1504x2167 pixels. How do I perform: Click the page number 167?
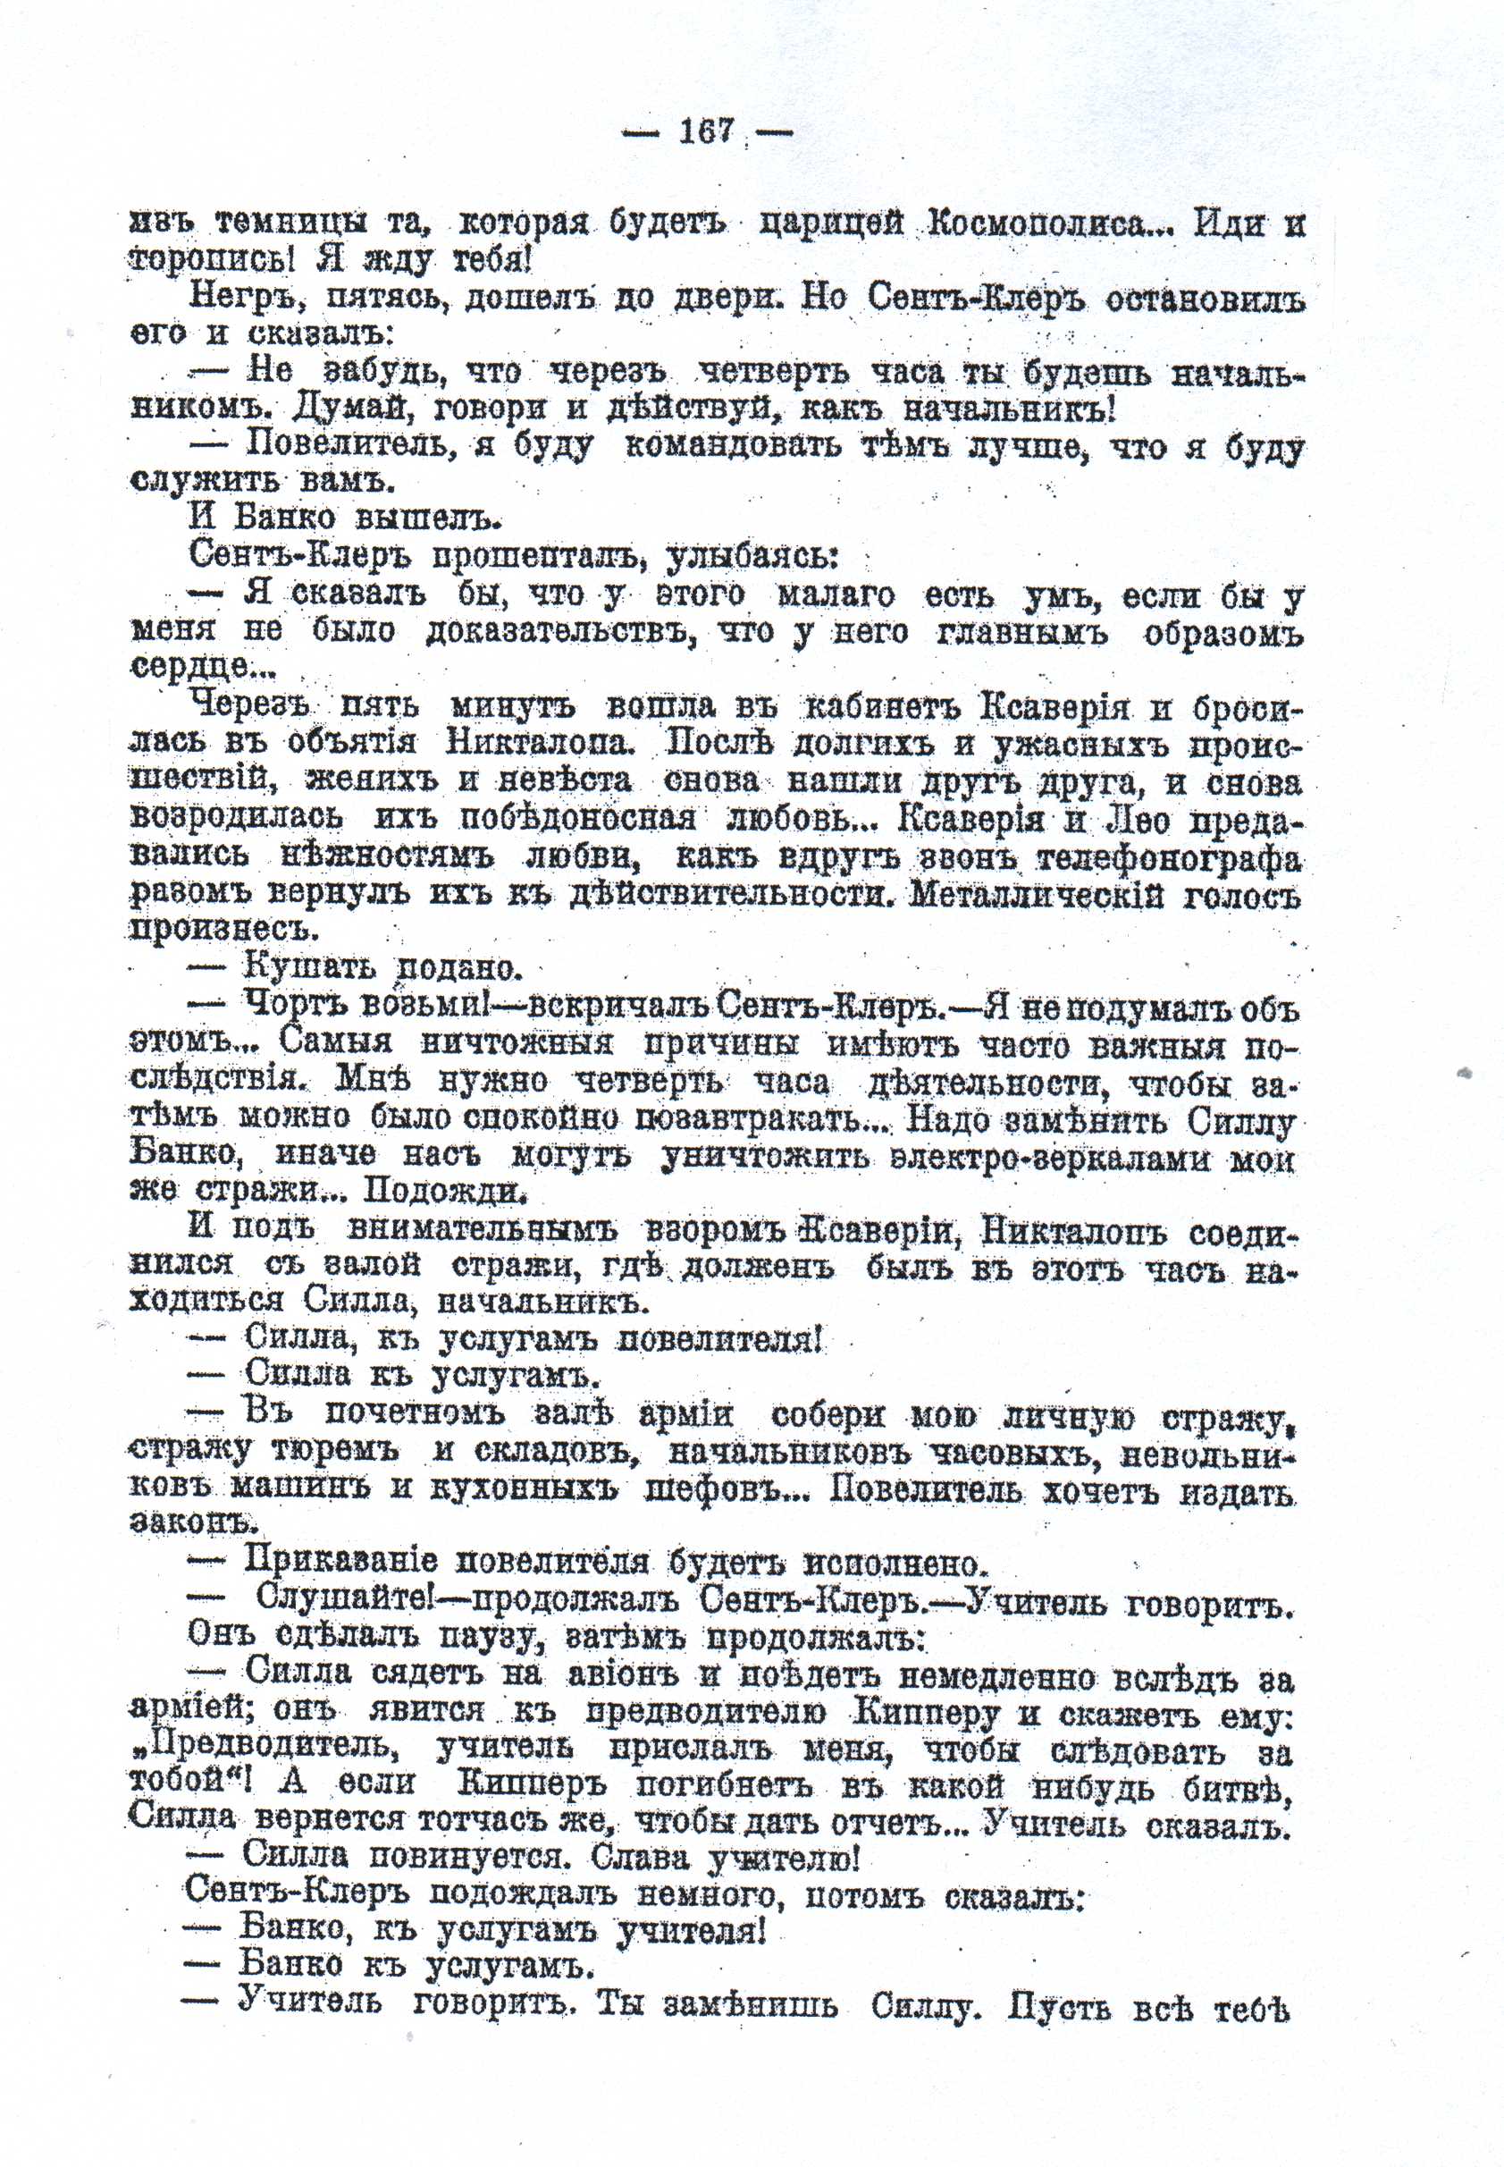[x=706, y=131]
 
